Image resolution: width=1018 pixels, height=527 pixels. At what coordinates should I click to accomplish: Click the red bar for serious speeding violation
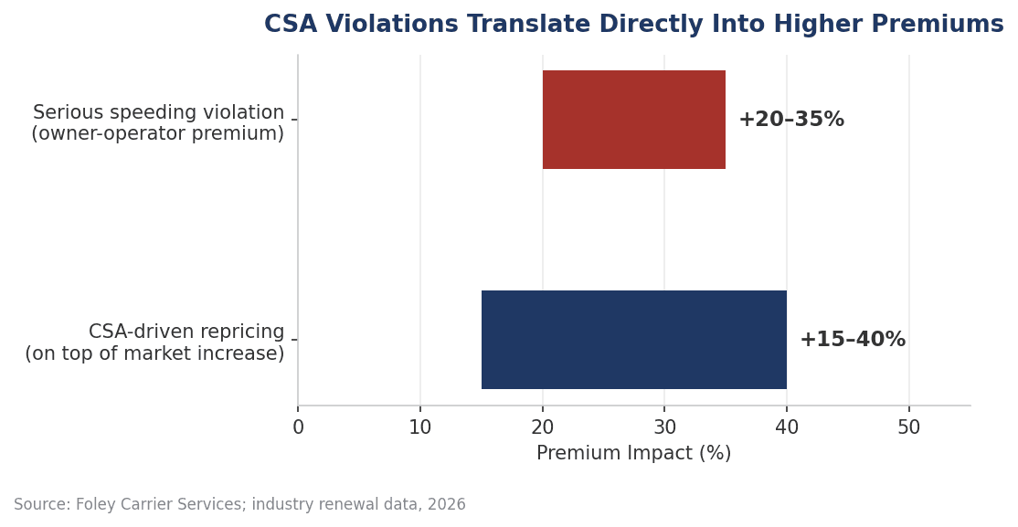point(633,120)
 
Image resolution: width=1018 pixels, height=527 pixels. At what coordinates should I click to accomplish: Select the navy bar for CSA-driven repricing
point(633,340)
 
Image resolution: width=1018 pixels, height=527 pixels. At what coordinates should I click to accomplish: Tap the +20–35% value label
point(791,120)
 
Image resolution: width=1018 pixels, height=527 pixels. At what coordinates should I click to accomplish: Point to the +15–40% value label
point(853,340)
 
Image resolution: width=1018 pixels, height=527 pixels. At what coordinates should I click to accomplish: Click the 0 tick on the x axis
point(298,427)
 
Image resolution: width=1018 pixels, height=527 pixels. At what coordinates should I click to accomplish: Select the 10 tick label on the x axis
point(420,427)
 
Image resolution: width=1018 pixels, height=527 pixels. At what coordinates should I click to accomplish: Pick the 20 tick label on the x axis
point(543,427)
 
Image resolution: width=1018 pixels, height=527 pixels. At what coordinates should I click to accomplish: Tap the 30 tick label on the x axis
point(665,427)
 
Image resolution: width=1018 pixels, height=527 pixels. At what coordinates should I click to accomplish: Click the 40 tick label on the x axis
point(787,427)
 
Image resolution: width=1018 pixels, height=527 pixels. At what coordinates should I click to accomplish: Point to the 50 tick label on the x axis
point(909,427)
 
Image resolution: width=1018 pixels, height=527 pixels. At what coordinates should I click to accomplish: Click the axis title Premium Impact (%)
point(633,453)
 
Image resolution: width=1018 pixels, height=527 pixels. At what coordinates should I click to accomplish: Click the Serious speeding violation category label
point(158,112)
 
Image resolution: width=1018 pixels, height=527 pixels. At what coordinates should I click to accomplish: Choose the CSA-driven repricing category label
point(186,332)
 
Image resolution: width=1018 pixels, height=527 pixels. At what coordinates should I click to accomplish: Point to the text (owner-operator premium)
point(158,133)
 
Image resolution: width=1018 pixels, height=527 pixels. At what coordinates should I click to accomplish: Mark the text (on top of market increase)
point(154,353)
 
